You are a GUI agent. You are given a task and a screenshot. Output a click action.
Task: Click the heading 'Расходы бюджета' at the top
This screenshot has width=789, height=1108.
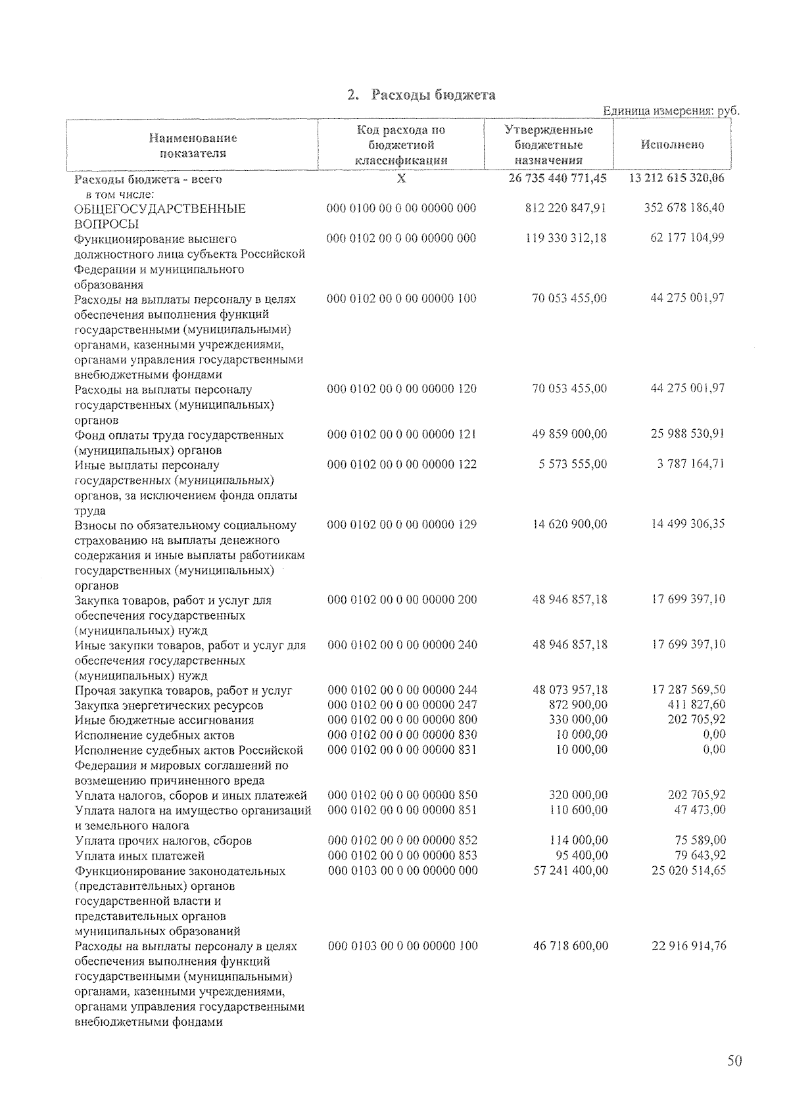[x=433, y=95]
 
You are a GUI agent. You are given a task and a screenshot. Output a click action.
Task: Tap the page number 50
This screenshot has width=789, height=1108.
[x=734, y=1060]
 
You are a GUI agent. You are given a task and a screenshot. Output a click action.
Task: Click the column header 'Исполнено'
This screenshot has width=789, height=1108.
[x=672, y=145]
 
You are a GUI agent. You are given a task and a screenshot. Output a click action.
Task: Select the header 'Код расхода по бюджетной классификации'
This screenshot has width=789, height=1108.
[x=401, y=145]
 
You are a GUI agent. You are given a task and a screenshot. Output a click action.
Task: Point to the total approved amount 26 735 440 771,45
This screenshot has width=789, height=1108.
[x=558, y=179]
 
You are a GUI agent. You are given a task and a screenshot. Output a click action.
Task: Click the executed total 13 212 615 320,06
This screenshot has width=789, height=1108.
[x=677, y=179]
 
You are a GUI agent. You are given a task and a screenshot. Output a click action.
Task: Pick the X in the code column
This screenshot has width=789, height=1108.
[x=402, y=179]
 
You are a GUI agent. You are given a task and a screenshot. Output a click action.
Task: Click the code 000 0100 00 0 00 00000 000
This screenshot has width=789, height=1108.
[x=402, y=208]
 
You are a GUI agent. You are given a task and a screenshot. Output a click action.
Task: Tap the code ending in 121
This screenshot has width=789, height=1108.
[x=402, y=434]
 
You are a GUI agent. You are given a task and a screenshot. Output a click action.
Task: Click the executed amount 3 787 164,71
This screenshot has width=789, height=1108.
[x=690, y=464]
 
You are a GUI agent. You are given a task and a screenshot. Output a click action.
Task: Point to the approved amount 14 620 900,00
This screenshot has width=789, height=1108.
[x=570, y=524]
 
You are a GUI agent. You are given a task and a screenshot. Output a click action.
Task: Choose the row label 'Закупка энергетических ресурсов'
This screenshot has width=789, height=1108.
[x=169, y=705]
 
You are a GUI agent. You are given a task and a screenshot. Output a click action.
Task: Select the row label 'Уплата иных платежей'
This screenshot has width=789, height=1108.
[x=140, y=856]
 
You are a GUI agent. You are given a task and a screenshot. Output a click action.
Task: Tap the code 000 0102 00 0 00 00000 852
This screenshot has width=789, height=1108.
[x=402, y=841]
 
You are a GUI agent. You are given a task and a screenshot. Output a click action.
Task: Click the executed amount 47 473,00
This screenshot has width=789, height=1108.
[x=700, y=810]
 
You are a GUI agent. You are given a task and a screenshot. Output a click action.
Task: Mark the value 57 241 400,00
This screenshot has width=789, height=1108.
[x=570, y=871]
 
